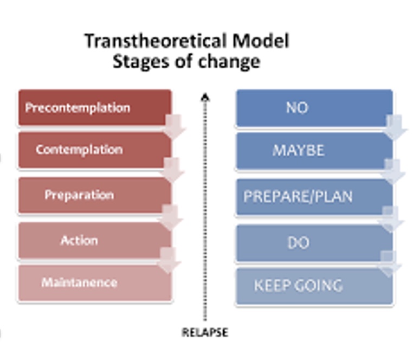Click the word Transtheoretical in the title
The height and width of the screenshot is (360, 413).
point(147,41)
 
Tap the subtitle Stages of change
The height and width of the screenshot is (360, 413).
point(186,61)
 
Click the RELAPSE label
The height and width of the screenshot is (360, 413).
point(204,332)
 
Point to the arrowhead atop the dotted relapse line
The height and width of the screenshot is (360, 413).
point(205,98)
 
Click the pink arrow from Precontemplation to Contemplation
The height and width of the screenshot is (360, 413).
point(174,126)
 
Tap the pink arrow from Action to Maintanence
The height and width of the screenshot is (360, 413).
point(169,261)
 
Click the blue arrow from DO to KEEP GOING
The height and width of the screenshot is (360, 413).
point(389,263)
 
